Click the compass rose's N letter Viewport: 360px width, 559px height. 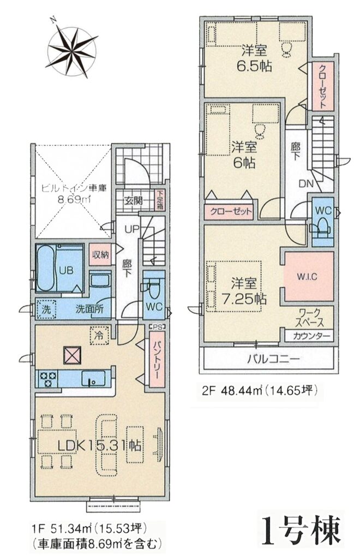pos(53,19)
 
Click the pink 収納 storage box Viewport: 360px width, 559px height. pos(100,254)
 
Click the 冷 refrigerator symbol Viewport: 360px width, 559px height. pos(99,336)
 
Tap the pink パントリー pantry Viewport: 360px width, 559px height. pos(157,359)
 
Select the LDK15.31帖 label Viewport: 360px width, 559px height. pos(99,445)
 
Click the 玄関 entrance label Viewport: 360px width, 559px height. pos(134,200)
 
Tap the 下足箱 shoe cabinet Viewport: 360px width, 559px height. pos(159,201)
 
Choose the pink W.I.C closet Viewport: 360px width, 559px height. pos(308,276)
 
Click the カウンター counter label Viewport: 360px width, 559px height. pos(308,336)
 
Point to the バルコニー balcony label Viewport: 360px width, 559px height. pos(273,359)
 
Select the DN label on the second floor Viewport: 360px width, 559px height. pos(305,184)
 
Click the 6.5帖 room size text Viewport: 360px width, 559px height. pos(255,66)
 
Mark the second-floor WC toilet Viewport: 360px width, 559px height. pos(322,222)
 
